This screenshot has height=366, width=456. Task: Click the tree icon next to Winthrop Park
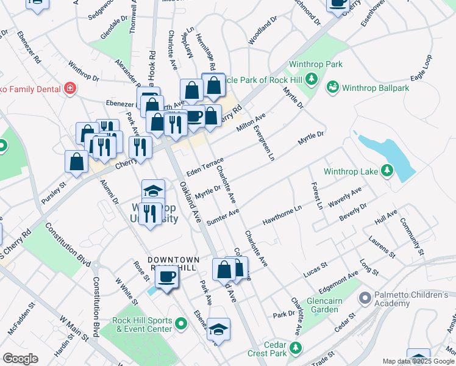(x=311, y=79)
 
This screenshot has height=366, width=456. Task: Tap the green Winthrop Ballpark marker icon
(x=332, y=88)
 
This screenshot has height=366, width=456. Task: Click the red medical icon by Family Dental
(x=70, y=89)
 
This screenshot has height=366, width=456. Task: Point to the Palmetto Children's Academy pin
(x=365, y=298)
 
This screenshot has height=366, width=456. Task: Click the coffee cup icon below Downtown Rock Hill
(x=166, y=278)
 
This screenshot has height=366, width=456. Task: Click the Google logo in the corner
(x=20, y=359)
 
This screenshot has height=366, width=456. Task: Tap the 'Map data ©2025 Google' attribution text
(x=418, y=361)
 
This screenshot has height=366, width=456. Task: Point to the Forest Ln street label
(x=316, y=195)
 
